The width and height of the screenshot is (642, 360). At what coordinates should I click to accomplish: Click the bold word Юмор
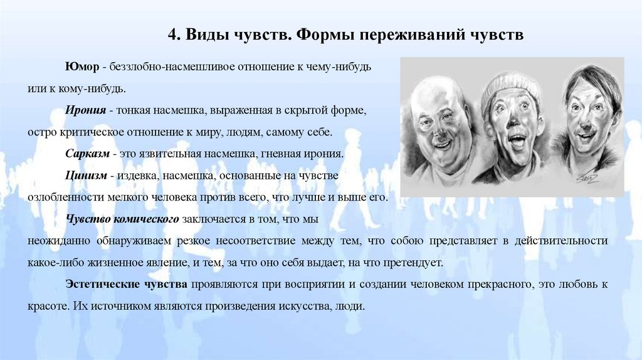coord(82,66)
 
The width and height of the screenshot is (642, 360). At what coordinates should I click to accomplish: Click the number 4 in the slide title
coord(171,34)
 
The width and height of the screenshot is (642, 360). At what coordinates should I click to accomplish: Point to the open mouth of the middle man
coord(513,147)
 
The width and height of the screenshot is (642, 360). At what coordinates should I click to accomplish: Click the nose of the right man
coord(586,125)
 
